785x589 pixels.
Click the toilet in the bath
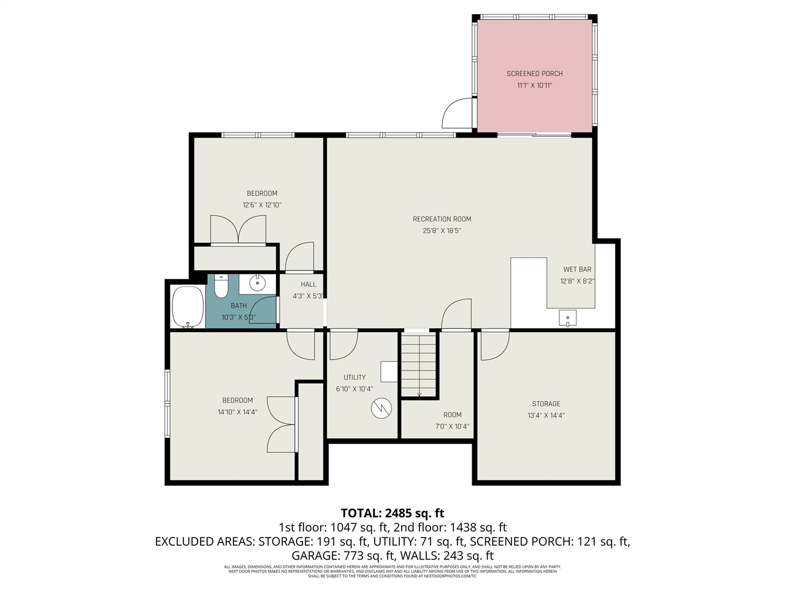pyautogui.click(x=221, y=286)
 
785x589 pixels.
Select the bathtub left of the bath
pyautogui.click(x=188, y=307)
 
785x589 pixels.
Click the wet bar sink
pyautogui.click(x=567, y=318)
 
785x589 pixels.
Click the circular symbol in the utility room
pyautogui.click(x=381, y=408)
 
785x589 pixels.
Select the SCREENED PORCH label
pyautogui.click(x=534, y=74)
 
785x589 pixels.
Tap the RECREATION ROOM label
pyautogui.click(x=442, y=219)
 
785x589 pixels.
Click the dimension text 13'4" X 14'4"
pyautogui.click(x=546, y=415)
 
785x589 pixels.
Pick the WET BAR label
pyautogui.click(x=577, y=269)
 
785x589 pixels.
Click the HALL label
pyautogui.click(x=308, y=284)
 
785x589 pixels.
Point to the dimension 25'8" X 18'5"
pyautogui.click(x=442, y=231)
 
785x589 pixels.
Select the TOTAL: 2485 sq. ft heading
pyautogui.click(x=392, y=513)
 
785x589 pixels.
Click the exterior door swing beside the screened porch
pyautogui.click(x=457, y=113)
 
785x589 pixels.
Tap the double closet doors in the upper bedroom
pyautogui.click(x=238, y=231)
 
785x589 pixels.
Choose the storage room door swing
pyautogui.click(x=494, y=346)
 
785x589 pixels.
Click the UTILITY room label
pyautogui.click(x=354, y=377)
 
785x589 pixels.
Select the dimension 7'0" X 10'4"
pyautogui.click(x=452, y=426)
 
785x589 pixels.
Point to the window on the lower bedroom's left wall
pyautogui.click(x=167, y=404)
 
